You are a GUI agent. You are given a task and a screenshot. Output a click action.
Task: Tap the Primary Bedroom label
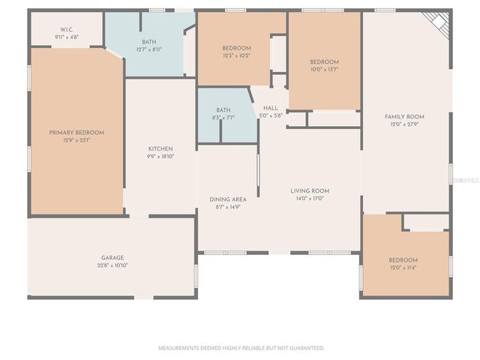point(76,132)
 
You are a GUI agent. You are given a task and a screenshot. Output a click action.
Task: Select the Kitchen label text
point(160,148)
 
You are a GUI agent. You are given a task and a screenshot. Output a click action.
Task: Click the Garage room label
point(112,257)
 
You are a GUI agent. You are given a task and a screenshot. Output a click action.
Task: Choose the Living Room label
point(310,190)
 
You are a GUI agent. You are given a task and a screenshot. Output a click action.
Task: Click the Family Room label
point(404,116)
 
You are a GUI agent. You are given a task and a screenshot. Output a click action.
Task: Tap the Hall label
point(270,108)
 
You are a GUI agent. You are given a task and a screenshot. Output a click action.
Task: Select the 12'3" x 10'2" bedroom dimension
point(235,55)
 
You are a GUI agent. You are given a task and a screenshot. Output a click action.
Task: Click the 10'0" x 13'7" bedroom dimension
point(325,69)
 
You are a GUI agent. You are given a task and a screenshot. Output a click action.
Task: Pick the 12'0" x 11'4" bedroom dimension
point(403,268)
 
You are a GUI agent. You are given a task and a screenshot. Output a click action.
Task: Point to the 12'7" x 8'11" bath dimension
point(148,49)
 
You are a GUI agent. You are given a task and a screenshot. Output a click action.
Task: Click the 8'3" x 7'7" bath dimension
point(223,117)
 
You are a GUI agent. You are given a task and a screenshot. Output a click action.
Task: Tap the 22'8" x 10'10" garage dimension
point(112,265)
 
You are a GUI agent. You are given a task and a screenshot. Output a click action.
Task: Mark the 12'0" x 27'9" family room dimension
point(404,124)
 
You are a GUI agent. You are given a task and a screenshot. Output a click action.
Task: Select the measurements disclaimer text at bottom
point(241,348)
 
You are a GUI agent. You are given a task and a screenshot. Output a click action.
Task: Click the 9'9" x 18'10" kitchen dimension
point(160,157)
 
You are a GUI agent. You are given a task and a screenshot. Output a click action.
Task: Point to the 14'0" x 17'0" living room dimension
point(310,199)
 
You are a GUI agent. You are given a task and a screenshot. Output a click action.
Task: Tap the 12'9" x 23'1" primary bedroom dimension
point(76,140)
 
